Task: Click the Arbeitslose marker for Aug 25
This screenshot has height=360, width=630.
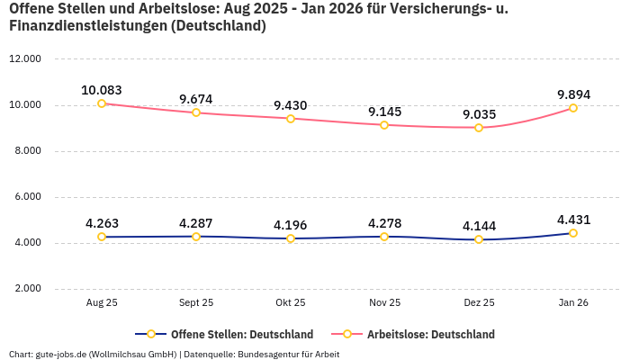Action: click(x=102, y=103)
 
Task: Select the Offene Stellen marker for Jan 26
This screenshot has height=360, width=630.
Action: click(x=573, y=233)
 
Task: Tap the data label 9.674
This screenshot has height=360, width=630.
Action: click(x=196, y=99)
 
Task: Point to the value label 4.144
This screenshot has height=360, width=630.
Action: click(x=479, y=226)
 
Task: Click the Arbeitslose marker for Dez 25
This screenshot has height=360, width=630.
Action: click(x=479, y=128)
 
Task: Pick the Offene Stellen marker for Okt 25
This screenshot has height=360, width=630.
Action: click(x=291, y=238)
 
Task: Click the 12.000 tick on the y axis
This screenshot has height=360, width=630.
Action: click(x=25, y=59)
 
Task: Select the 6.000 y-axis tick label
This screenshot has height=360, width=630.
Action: click(x=25, y=197)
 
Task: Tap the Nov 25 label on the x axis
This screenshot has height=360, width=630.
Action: click(x=384, y=303)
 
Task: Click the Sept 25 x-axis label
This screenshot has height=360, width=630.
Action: click(x=196, y=303)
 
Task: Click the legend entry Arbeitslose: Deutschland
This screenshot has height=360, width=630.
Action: click(x=430, y=334)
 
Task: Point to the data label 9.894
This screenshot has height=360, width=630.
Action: click(x=573, y=94)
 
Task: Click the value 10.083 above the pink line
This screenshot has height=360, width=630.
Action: click(x=102, y=90)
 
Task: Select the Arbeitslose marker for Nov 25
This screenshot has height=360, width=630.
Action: click(x=384, y=125)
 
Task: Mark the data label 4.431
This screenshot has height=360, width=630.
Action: click(x=573, y=220)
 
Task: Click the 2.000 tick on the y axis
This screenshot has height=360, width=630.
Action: click(x=25, y=289)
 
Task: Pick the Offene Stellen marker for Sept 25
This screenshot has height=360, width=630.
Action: click(x=196, y=237)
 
